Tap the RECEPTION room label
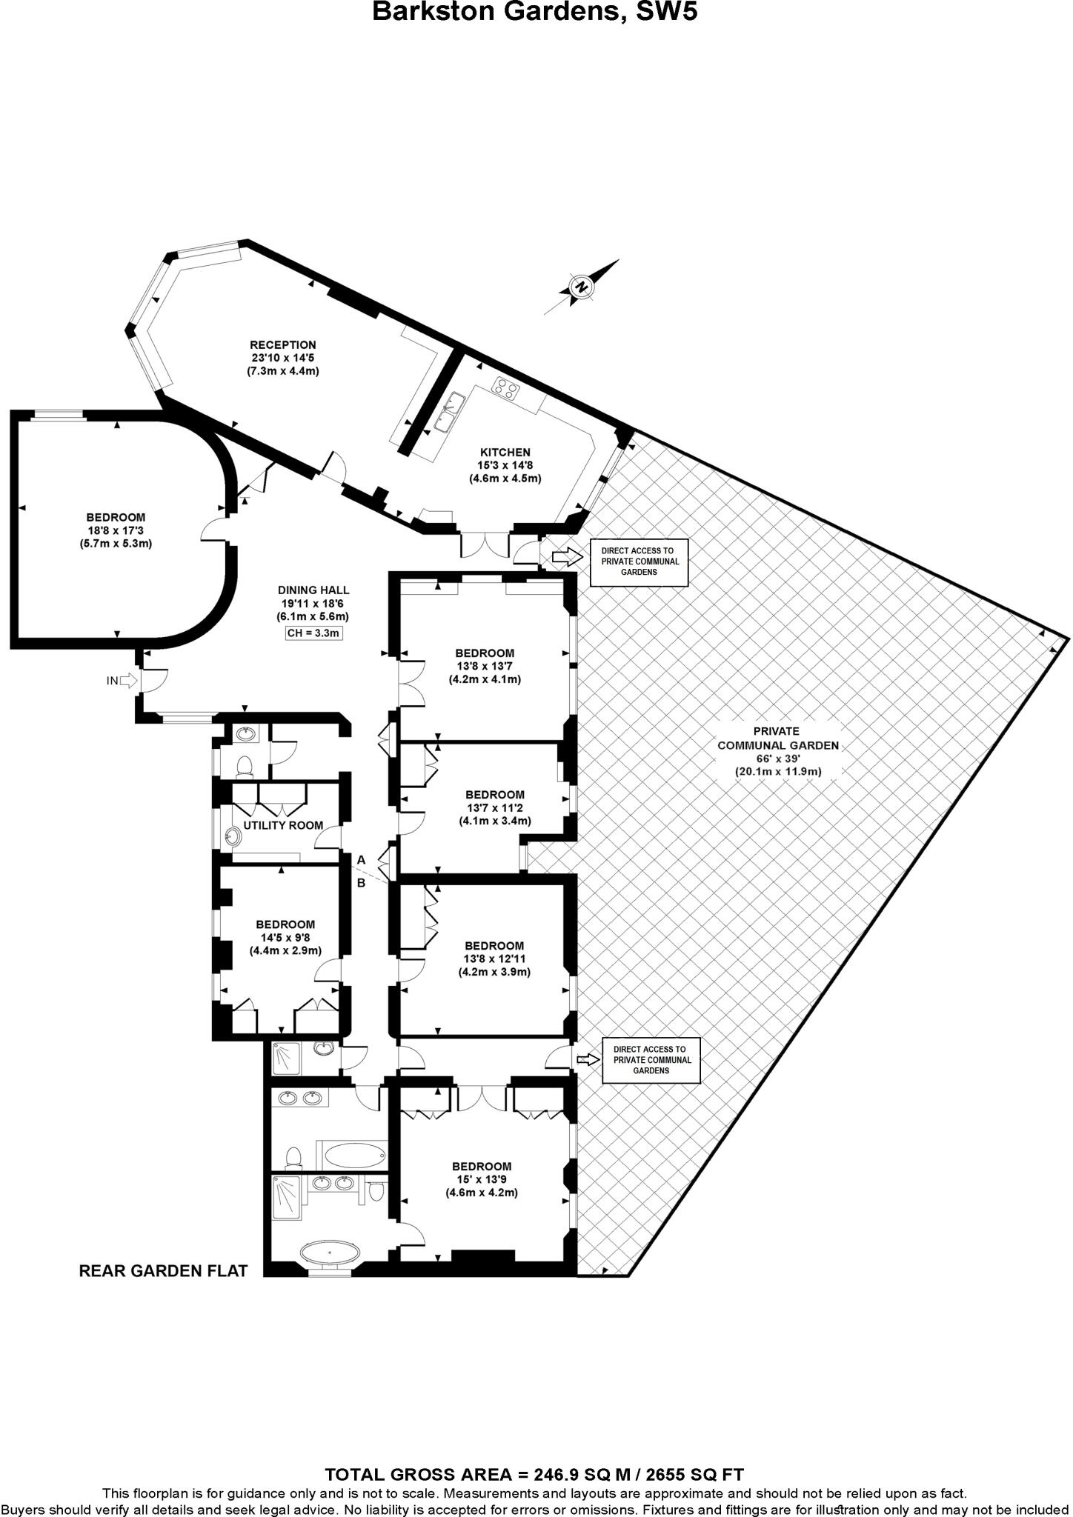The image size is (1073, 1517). pyautogui.click(x=282, y=344)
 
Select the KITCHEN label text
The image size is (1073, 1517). pyautogui.click(x=505, y=452)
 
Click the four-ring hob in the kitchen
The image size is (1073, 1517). pyautogui.click(x=506, y=387)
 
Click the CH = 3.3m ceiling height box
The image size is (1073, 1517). pyautogui.click(x=313, y=633)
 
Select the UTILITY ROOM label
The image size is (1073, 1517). pyautogui.click(x=283, y=825)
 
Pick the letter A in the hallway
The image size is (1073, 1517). pyautogui.click(x=362, y=860)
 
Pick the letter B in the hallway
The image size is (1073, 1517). pyautogui.click(x=362, y=883)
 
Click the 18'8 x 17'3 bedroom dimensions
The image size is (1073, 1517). pyautogui.click(x=116, y=530)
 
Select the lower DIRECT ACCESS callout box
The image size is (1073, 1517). pyautogui.click(x=651, y=1060)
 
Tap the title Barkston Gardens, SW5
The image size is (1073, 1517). pyautogui.click(x=534, y=12)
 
